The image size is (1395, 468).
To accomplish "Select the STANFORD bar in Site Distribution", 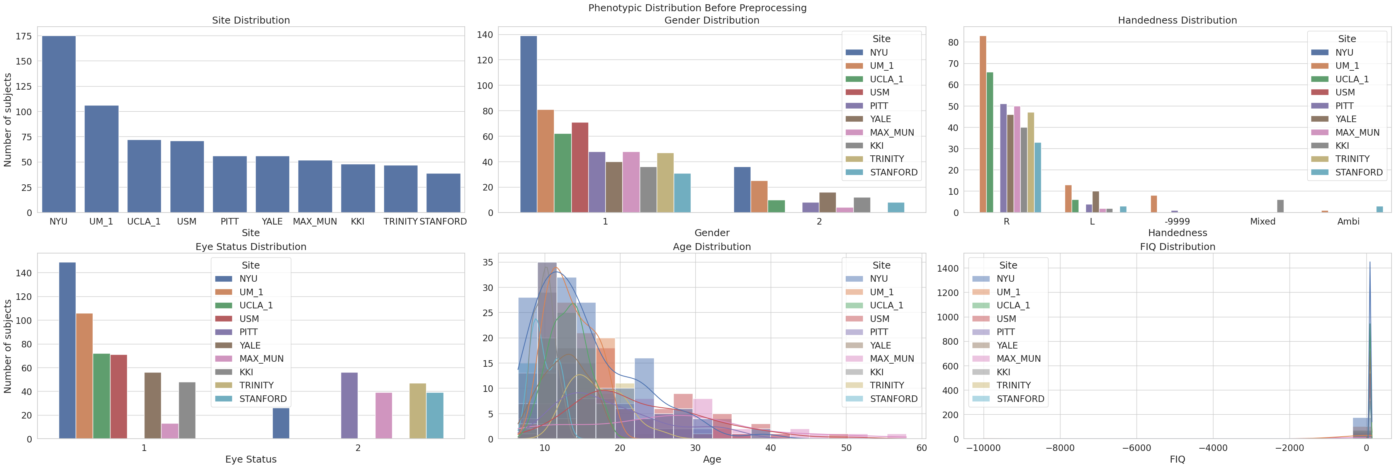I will pyautogui.click(x=443, y=193).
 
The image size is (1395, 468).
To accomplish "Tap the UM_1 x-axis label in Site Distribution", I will pyautogui.click(x=101, y=221).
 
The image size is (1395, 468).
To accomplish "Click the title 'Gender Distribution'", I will pyautogui.click(x=712, y=20).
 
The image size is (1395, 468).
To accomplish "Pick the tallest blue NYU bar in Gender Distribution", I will pyautogui.click(x=528, y=124).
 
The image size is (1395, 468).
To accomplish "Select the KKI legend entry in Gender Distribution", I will pyautogui.click(x=876, y=146).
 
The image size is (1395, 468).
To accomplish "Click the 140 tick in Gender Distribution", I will pyautogui.click(x=485, y=35).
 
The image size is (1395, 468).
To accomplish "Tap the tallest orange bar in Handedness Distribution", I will pyautogui.click(x=983, y=124).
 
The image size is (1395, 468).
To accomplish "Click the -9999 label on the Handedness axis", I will pyautogui.click(x=1177, y=221).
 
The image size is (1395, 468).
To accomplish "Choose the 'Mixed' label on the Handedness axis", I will pyautogui.click(x=1262, y=221).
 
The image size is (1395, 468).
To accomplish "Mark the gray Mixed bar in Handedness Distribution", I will pyautogui.click(x=1280, y=206).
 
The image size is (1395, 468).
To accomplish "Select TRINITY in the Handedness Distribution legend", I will pyautogui.click(x=1352, y=159).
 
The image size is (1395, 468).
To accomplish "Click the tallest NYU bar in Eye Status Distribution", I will pyautogui.click(x=67, y=351).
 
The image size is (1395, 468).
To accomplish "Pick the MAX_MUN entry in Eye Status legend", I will pyautogui.click(x=261, y=359).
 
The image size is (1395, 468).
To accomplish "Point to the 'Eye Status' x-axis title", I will pyautogui.click(x=251, y=459).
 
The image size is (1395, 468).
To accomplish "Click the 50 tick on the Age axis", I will pyautogui.click(x=846, y=448).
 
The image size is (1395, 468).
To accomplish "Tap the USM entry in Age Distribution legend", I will pyautogui.click(x=879, y=318).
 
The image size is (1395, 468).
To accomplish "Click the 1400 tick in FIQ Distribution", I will pyautogui.click(x=948, y=269).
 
